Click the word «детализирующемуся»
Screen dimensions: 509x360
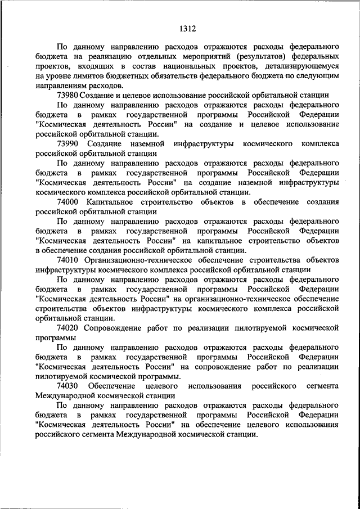(298, 67)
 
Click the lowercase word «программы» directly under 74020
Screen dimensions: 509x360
(55, 337)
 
